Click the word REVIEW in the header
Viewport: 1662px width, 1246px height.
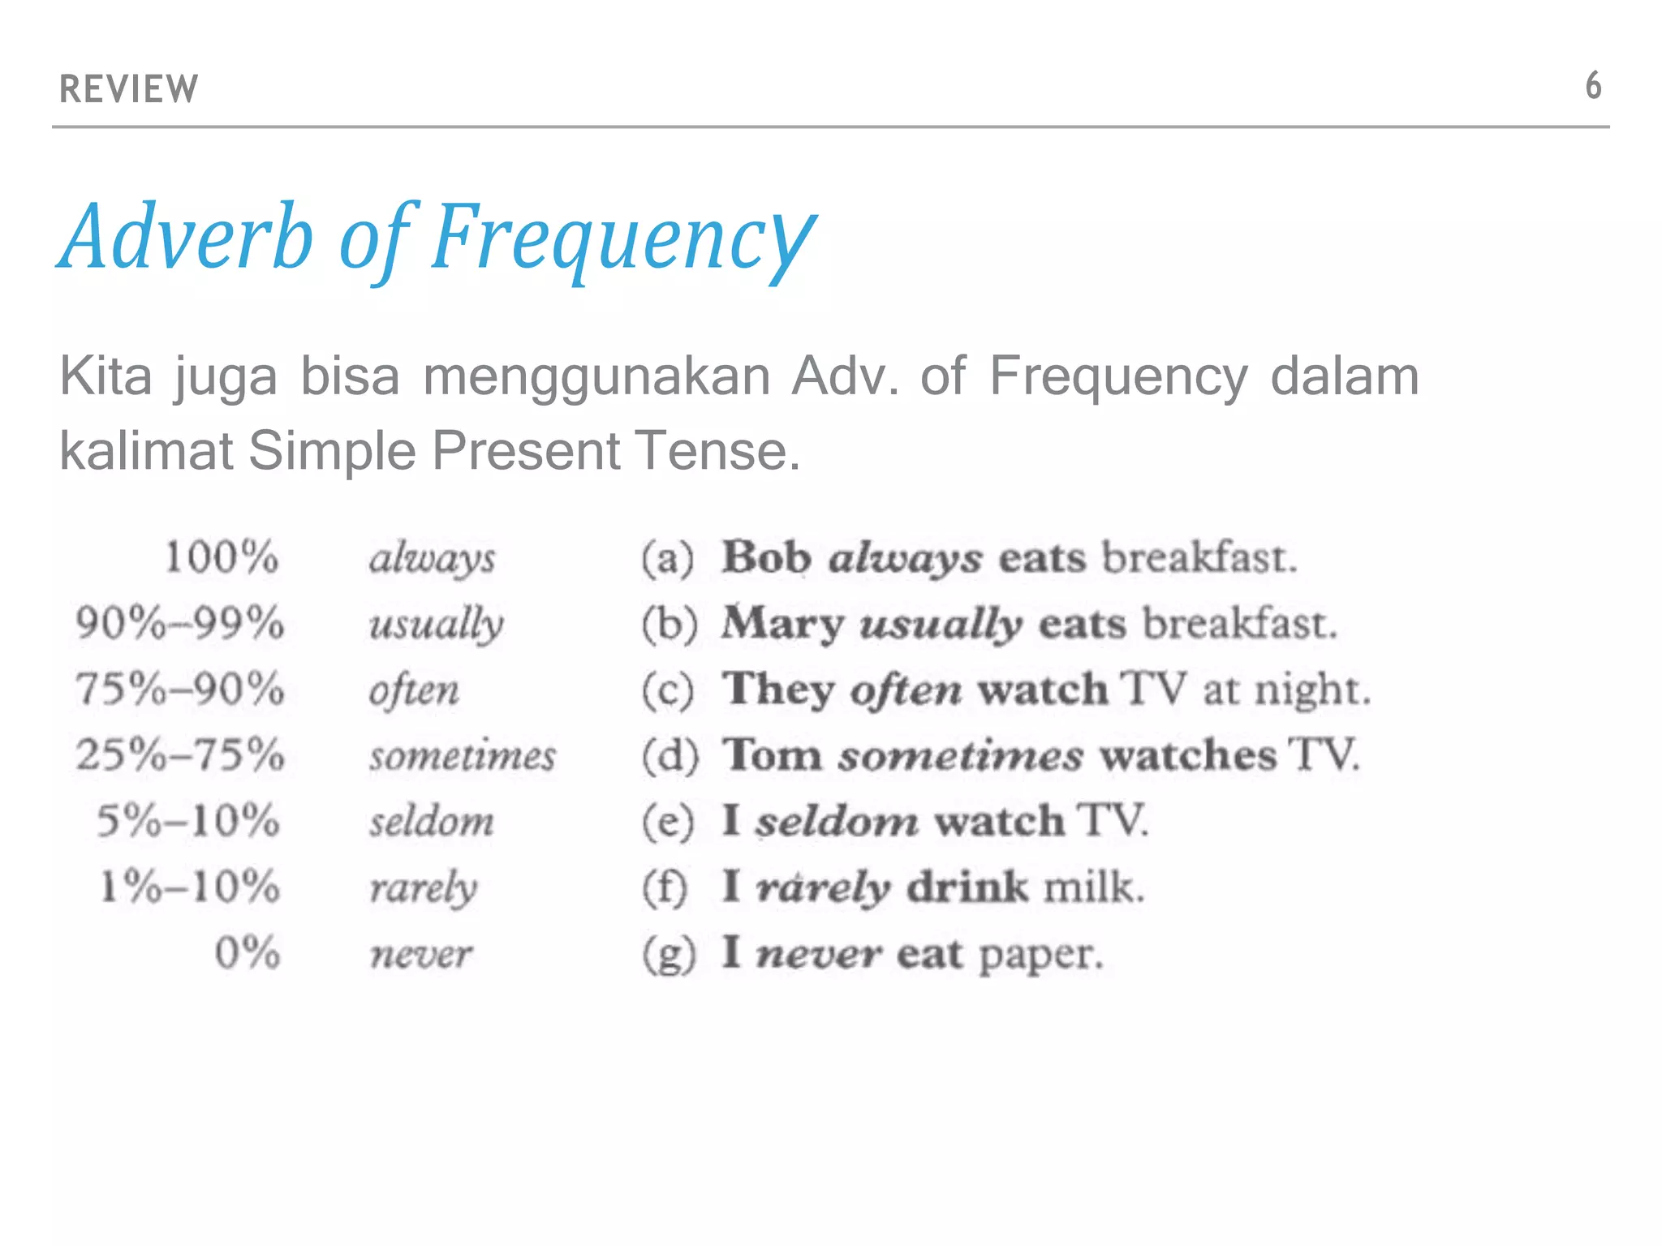tap(128, 88)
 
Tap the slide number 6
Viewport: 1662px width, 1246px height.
tap(1593, 86)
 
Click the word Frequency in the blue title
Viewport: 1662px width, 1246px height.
tap(622, 238)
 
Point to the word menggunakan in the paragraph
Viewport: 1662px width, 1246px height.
tap(596, 377)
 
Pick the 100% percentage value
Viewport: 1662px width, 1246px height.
tap(222, 558)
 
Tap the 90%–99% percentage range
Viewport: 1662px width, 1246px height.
tap(180, 624)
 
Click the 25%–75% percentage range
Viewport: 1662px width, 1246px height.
tap(180, 755)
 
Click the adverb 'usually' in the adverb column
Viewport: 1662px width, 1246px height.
tap(436, 625)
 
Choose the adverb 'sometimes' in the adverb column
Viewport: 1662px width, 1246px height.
tap(463, 756)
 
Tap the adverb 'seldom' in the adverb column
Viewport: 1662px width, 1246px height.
tap(432, 822)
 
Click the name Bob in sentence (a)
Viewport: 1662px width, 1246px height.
tap(766, 558)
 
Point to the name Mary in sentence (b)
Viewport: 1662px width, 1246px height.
tap(782, 625)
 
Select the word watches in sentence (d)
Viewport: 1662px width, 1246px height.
tap(1188, 756)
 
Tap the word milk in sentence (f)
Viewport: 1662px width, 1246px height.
tap(1092, 887)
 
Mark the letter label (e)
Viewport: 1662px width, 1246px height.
tap(668, 822)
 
